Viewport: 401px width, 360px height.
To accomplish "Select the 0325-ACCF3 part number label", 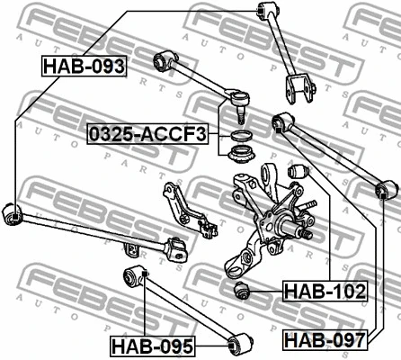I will (147, 135).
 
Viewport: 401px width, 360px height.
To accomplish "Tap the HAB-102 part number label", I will (325, 291).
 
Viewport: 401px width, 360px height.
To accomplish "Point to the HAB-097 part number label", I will (325, 339).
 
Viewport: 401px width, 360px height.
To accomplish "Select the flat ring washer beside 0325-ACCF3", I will (240, 136).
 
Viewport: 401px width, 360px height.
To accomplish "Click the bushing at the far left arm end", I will (12, 212).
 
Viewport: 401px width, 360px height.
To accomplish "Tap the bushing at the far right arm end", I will (388, 190).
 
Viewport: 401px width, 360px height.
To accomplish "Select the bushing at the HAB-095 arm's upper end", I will (136, 274).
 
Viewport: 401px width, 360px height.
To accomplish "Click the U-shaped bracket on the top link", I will (297, 91).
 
